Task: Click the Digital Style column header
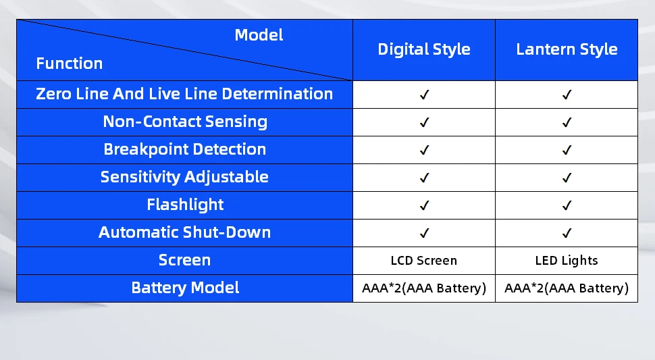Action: (x=424, y=49)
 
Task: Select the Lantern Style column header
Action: (x=567, y=49)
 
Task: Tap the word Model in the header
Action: (x=259, y=34)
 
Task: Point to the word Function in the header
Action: (x=70, y=63)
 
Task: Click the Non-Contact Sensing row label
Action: (x=185, y=122)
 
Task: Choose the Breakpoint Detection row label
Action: (x=184, y=149)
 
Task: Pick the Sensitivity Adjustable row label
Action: (x=184, y=177)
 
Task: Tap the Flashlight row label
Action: (x=185, y=205)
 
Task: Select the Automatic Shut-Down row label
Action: (x=184, y=232)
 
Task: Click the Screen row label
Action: (x=184, y=260)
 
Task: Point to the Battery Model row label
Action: (x=185, y=287)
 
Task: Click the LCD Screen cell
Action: (x=424, y=261)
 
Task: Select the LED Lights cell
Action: (x=567, y=261)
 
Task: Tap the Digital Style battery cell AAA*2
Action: (x=424, y=288)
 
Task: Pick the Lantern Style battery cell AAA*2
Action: (x=567, y=288)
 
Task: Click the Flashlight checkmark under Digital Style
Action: (x=424, y=205)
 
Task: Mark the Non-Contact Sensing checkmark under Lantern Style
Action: (x=567, y=122)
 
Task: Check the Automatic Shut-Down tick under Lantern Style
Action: (x=567, y=233)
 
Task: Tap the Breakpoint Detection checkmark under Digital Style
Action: (x=424, y=150)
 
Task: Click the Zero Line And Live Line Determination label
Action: (x=184, y=94)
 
